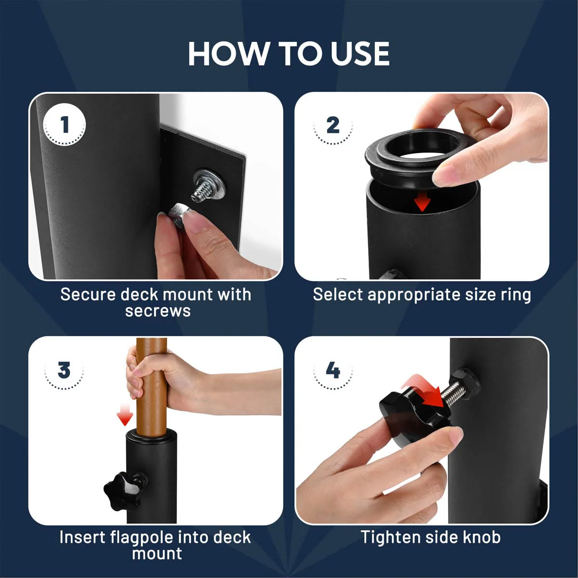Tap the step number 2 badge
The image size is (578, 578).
333,126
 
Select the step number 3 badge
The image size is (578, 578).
64,371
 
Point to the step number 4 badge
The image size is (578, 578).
333,370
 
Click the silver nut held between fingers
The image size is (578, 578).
178,214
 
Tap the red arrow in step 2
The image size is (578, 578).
422,201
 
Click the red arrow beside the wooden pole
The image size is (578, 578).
125,414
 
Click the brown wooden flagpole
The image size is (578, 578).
151,385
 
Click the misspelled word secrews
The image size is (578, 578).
158,311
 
